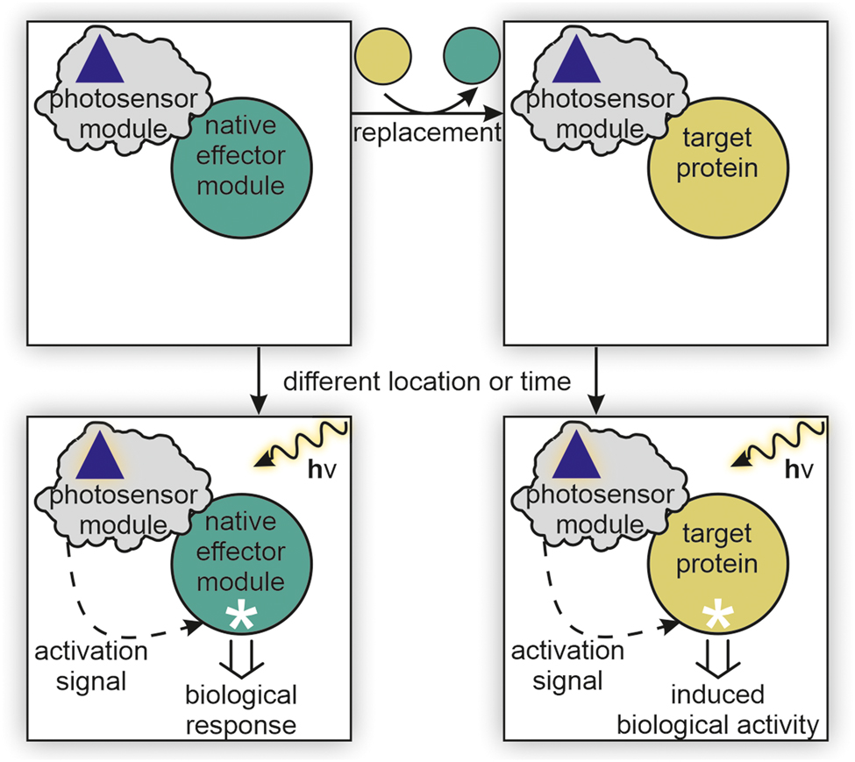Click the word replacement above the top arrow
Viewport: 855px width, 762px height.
coord(425,133)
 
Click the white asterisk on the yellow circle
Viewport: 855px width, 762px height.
coord(717,616)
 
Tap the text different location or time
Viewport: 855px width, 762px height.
coord(427,381)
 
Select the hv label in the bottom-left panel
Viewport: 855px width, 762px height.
coord(324,471)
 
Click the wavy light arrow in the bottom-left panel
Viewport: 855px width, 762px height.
coord(303,443)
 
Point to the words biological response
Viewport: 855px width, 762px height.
coord(241,711)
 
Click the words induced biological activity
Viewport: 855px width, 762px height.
coord(717,711)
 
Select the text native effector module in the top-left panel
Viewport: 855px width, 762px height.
coord(241,158)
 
